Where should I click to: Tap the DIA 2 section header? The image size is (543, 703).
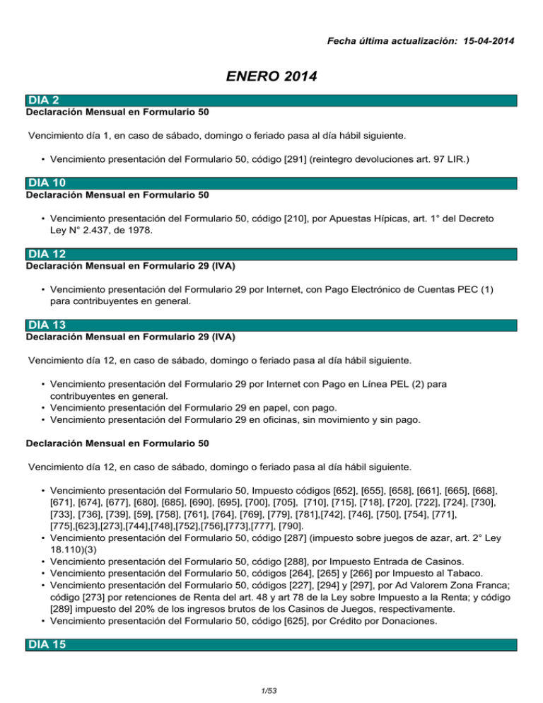pos(41,101)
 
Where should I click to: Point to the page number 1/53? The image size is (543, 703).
pos(271,692)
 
